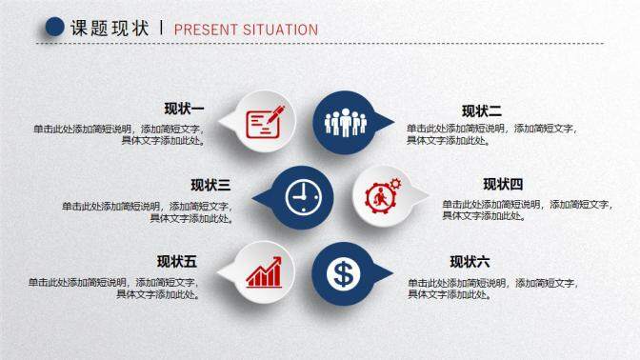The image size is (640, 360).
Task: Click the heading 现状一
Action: [185, 108]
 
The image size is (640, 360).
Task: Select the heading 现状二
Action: [482, 110]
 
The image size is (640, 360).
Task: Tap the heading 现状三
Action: [210, 185]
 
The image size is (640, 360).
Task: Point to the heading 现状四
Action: [503, 185]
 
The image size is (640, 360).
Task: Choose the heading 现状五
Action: [177, 262]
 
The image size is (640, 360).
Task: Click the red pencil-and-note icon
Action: [266, 121]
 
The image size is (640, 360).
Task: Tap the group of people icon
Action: [344, 121]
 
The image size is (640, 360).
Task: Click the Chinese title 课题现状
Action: [110, 29]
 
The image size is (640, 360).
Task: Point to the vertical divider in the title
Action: [162, 29]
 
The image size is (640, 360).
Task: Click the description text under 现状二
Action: [491, 134]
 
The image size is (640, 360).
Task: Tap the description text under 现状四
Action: [527, 210]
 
